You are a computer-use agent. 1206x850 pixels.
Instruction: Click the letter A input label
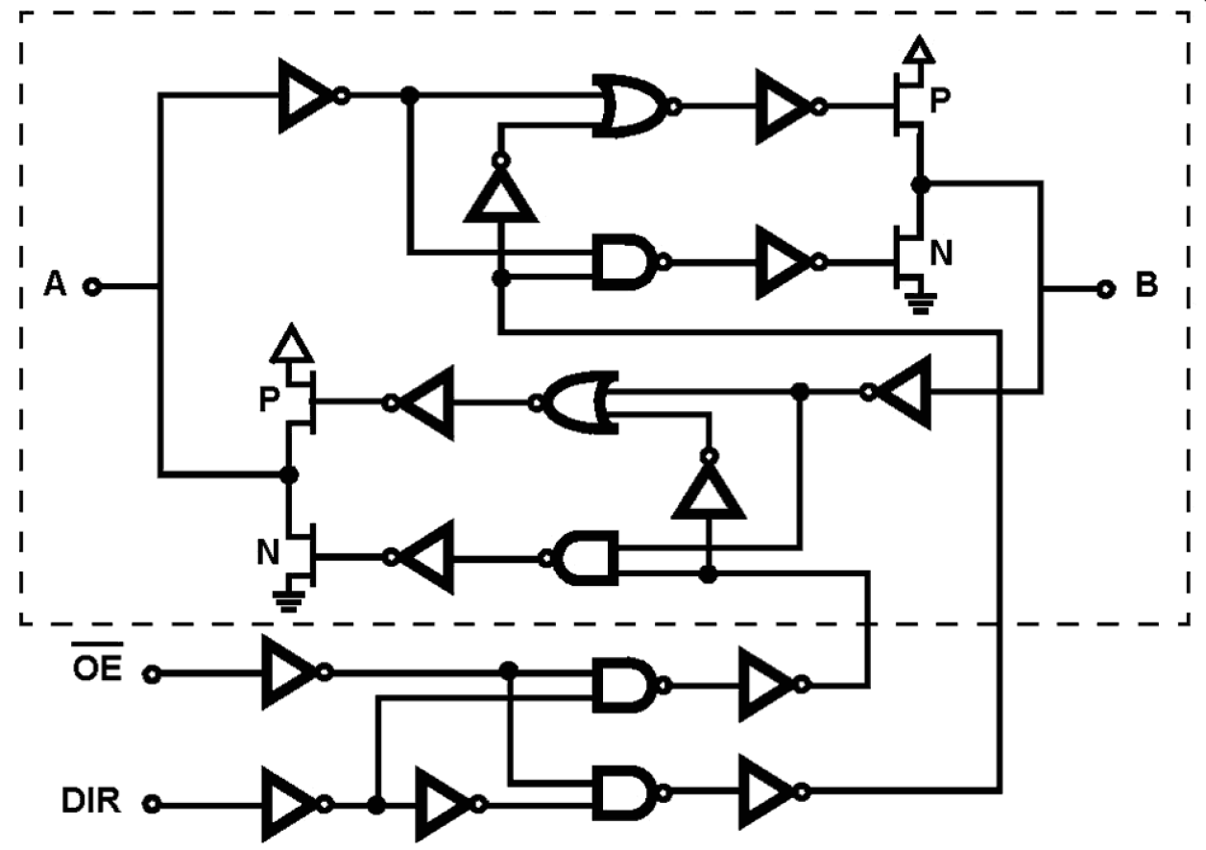56,285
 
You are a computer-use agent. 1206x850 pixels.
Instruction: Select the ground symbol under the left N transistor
285,600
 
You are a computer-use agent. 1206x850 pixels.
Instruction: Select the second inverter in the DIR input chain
445,803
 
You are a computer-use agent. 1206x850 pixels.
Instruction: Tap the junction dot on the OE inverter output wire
509,669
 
